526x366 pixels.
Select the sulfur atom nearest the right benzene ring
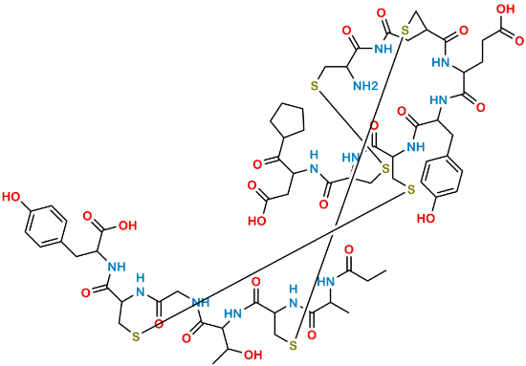[x=409, y=189]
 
